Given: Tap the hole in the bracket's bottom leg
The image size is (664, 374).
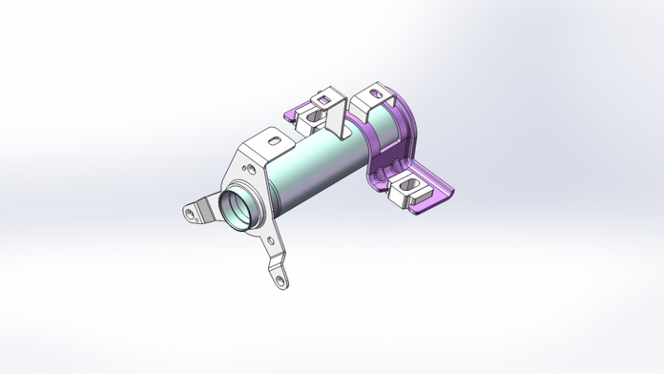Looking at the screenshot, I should pyautogui.click(x=280, y=280).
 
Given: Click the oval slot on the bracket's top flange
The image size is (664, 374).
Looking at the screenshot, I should pyautogui.click(x=276, y=141).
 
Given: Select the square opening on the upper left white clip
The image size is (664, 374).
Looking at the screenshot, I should pyautogui.click(x=322, y=97).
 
